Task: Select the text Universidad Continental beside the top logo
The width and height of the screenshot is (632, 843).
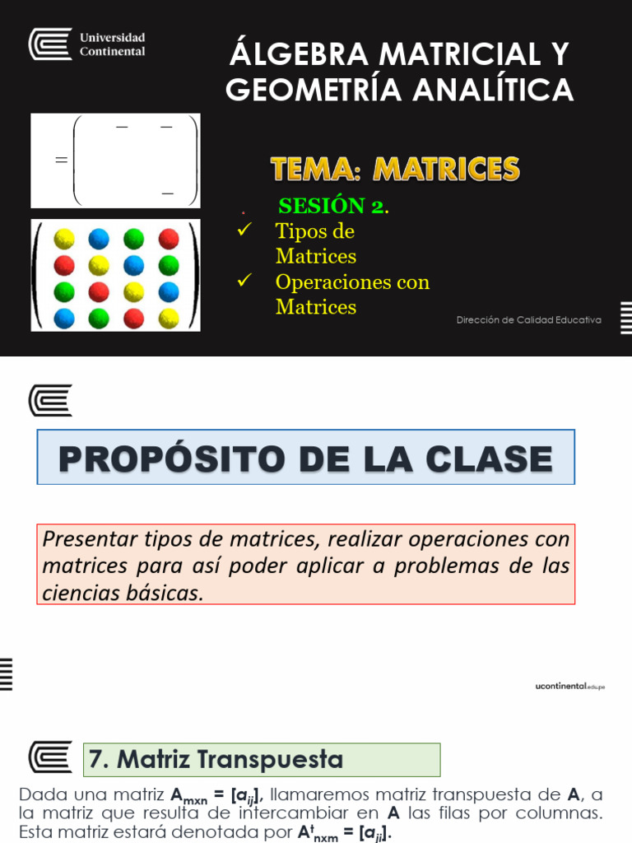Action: coord(112,44)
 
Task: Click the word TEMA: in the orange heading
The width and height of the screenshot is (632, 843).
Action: coord(316,169)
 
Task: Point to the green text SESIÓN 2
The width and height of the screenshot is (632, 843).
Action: coord(332,206)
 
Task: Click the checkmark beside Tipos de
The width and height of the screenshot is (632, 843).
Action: coord(244,230)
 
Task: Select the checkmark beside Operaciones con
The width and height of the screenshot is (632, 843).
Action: coord(244,281)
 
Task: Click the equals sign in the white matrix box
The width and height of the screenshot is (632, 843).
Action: coord(60,161)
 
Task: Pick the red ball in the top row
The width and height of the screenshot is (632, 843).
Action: coord(169,239)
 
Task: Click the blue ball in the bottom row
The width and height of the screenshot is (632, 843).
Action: coord(63,318)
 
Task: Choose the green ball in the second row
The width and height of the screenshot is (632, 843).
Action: coord(169,265)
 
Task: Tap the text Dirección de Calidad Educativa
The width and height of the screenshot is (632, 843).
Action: coord(528,319)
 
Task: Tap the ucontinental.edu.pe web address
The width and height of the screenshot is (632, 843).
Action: coord(569,686)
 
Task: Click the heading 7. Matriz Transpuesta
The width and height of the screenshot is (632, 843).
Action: coord(216,759)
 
